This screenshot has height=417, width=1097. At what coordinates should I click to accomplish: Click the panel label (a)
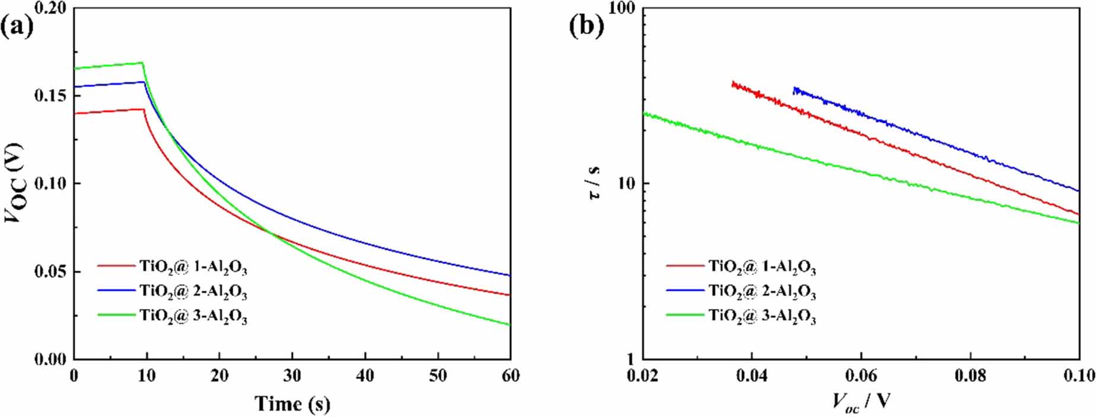(18, 27)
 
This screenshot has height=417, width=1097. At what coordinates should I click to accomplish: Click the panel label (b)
(586, 27)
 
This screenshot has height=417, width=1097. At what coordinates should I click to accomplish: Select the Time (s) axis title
(292, 404)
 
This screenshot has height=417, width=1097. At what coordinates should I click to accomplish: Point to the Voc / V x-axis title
(861, 402)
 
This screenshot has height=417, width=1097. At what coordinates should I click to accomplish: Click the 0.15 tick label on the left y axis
(50, 95)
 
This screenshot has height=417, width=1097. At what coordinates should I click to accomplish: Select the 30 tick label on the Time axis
(292, 376)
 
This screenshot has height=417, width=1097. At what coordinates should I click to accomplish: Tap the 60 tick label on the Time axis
(510, 376)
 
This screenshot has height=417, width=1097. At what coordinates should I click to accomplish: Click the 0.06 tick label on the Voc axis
(861, 376)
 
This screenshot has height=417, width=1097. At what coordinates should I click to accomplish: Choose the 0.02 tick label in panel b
(643, 376)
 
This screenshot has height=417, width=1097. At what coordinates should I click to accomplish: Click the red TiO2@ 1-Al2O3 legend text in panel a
(193, 268)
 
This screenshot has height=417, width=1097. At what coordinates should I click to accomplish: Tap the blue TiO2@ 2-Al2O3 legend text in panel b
(762, 292)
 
